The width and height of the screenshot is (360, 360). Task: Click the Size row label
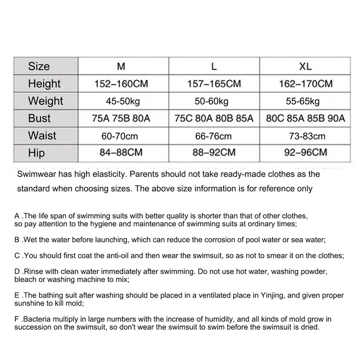[x=39, y=66]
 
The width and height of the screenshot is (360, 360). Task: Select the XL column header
[x=306, y=67]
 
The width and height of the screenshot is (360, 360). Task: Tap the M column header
[x=121, y=67]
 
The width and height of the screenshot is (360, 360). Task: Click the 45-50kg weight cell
[x=121, y=101]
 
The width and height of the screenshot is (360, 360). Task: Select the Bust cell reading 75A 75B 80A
[x=121, y=118]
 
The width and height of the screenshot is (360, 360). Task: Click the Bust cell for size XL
[x=306, y=118]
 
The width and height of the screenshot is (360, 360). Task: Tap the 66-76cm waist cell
[x=214, y=136]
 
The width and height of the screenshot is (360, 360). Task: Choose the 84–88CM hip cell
[x=121, y=153]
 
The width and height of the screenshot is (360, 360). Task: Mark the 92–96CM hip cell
[x=306, y=153]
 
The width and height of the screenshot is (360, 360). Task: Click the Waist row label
[x=42, y=135]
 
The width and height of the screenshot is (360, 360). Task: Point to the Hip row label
[x=36, y=153]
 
